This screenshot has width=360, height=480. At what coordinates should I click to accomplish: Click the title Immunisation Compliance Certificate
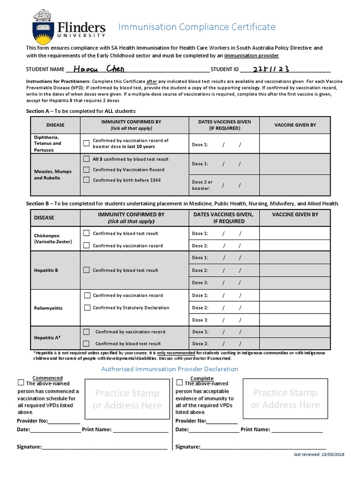point(196,27)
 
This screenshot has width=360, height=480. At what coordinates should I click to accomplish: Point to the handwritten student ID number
point(270,68)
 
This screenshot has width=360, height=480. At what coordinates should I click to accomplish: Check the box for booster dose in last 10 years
point(86,143)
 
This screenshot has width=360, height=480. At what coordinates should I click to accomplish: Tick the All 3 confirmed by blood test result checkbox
point(86,159)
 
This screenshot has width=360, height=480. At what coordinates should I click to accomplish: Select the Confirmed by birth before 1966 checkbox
point(86,180)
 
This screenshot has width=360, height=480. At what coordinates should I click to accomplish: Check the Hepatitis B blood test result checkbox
point(86,270)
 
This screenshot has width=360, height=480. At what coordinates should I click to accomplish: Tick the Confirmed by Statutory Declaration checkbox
point(87,308)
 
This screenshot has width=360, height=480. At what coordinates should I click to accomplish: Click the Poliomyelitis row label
point(48,308)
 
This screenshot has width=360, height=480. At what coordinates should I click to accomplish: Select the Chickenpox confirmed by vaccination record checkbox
point(86,245)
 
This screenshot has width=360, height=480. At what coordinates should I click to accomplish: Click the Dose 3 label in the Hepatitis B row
point(200,283)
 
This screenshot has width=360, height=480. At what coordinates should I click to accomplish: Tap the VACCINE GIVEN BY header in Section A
point(295,125)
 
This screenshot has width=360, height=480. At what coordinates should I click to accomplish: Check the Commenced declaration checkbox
point(21,382)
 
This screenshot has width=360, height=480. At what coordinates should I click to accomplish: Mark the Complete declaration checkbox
point(179,382)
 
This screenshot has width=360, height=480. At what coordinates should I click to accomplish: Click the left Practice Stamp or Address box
point(127,399)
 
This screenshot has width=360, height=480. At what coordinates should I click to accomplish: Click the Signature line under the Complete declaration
point(262,447)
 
